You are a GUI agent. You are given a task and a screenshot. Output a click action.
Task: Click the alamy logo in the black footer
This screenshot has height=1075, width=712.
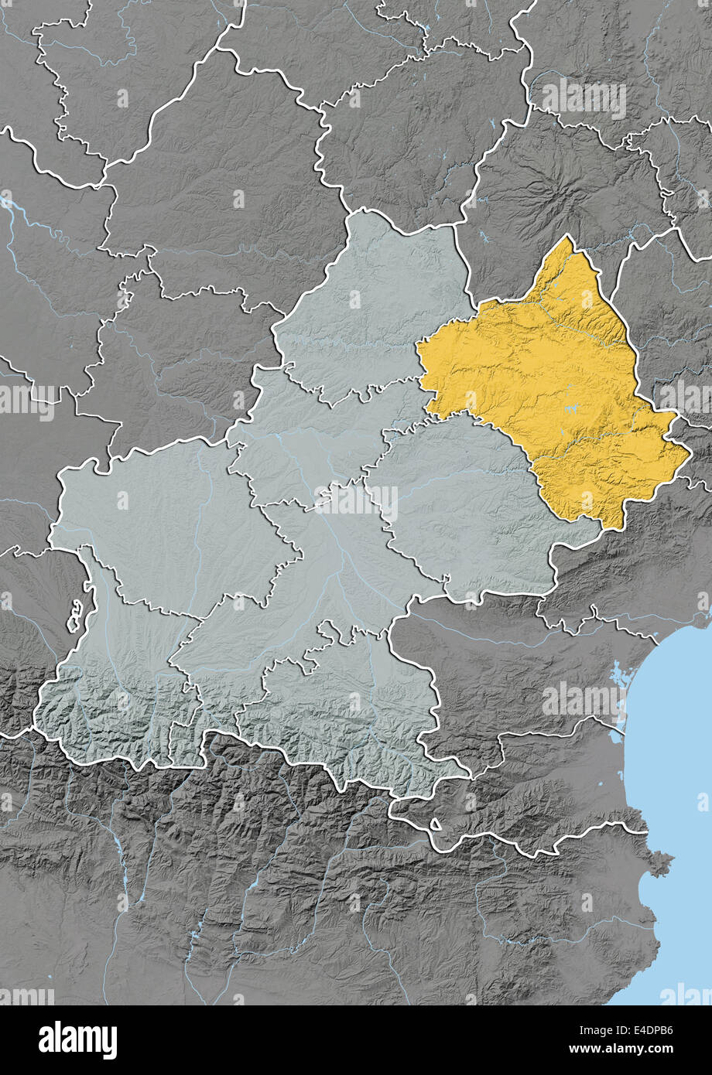(77, 1040)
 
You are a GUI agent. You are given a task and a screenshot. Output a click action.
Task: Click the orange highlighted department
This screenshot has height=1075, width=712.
(549, 387)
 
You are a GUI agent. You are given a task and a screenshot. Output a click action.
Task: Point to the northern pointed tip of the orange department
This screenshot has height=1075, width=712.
(570, 238)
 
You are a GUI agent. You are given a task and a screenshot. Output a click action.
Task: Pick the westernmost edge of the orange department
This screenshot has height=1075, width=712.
(418, 352)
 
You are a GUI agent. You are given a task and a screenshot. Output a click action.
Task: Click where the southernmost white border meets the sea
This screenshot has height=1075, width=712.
(647, 832)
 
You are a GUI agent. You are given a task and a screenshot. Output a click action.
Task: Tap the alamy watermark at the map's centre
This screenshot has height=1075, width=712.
(356, 501)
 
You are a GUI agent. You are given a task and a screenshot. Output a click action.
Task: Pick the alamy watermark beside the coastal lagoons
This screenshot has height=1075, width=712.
(584, 701)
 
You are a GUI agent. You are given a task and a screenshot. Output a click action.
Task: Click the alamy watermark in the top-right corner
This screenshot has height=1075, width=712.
(584, 98)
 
